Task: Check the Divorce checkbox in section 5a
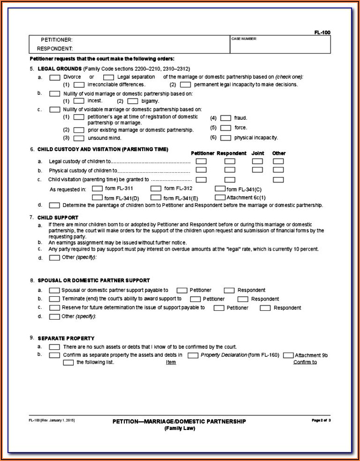pyautogui.click(x=54, y=77)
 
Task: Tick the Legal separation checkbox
pyautogui.click(x=108, y=77)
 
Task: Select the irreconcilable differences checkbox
pyautogui.click(x=79, y=85)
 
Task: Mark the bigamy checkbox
pyautogui.click(x=132, y=101)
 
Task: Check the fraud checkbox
pyautogui.click(x=226, y=118)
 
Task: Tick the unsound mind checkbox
pyautogui.click(x=79, y=138)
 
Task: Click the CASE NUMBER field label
pyautogui.click(x=244, y=39)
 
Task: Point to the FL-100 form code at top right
pyautogui.click(x=322, y=32)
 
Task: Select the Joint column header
pyautogui.click(x=258, y=153)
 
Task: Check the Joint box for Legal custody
pyautogui.click(x=257, y=161)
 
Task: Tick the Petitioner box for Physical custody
pyautogui.click(x=201, y=170)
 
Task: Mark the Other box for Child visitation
pyautogui.click(x=278, y=179)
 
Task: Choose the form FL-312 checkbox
pyautogui.click(x=156, y=188)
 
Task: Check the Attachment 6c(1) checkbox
pyautogui.click(x=220, y=197)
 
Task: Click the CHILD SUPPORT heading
pyautogui.click(x=58, y=217)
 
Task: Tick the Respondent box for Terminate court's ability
pyautogui.click(x=243, y=299)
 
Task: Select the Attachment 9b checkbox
pyautogui.click(x=288, y=355)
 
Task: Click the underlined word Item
pyautogui.click(x=171, y=362)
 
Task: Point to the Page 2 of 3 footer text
pyautogui.click(x=321, y=420)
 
